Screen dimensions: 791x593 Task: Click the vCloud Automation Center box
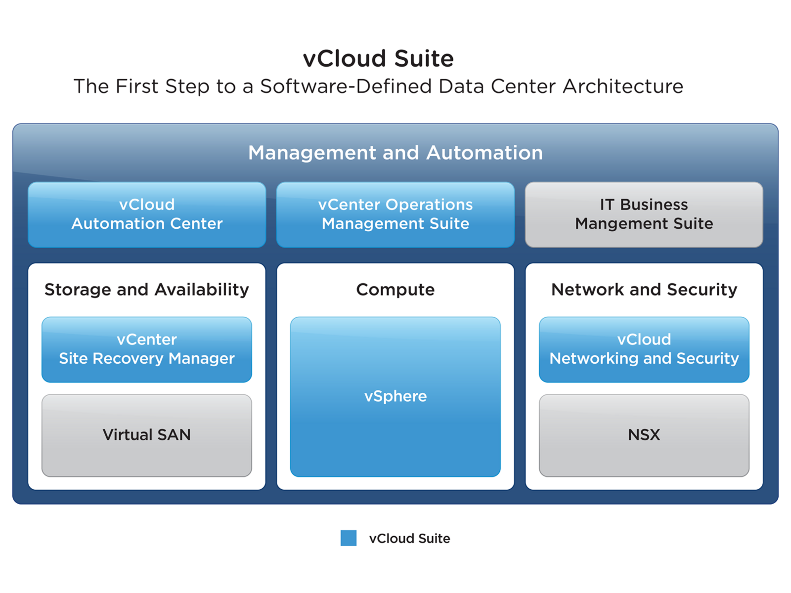pos(147,214)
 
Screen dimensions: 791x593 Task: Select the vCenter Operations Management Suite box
pos(395,214)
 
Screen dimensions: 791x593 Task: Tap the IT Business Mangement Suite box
pos(644,214)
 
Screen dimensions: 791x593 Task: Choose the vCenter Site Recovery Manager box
pos(147,349)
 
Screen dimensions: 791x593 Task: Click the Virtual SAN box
pos(147,435)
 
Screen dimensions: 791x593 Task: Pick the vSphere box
pos(395,397)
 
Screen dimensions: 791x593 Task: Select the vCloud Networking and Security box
pos(644,349)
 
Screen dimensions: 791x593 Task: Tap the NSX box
pos(644,435)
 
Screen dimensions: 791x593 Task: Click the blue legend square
pos(349,538)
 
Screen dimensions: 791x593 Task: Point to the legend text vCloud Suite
pos(409,538)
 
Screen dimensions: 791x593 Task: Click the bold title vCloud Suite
pos(378,58)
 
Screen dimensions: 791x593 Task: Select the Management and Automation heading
pos(395,153)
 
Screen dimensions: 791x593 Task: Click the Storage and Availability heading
pos(147,290)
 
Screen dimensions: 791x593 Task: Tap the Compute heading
pos(395,290)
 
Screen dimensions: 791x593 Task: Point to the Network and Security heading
pos(644,290)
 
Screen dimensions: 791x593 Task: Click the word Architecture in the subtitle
pos(623,86)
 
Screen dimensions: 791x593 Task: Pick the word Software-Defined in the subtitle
pos(346,86)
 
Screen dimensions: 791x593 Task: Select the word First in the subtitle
pos(137,86)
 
